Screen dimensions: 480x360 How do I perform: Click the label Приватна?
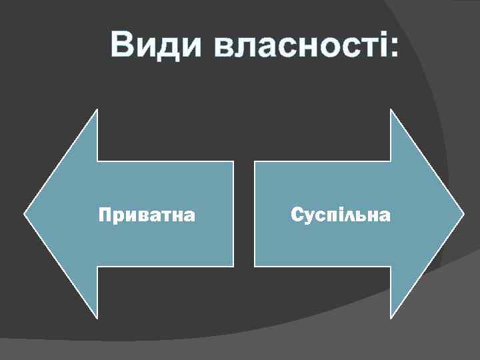pos(147,215)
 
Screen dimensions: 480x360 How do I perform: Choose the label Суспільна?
pos(341,215)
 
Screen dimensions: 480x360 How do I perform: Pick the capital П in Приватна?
pos(104,215)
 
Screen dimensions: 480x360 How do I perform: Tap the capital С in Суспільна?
pos(296,215)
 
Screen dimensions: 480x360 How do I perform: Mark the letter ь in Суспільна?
pos(359,216)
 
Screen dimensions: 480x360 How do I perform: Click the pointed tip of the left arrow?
pos(25,214)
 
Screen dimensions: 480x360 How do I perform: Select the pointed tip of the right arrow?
pos(463,214)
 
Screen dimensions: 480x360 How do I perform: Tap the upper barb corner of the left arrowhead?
pos(97,110)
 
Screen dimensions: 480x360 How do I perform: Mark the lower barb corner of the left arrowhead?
pos(97,317)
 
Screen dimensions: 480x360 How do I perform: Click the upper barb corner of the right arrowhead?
pos(391,110)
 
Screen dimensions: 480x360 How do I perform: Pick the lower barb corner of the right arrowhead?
pos(391,317)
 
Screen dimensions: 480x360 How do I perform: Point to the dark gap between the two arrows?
pos(244,214)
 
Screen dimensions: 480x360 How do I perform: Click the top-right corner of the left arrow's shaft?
pos(233,161)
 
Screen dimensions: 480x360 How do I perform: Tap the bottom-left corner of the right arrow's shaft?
pos(255,267)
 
